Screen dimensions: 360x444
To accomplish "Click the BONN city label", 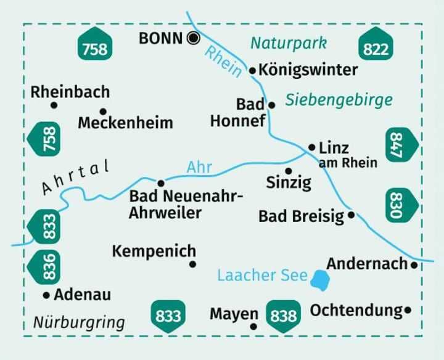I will tap(162, 38).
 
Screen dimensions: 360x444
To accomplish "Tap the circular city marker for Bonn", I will tap(193, 38).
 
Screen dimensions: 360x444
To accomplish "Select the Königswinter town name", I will tap(308, 70).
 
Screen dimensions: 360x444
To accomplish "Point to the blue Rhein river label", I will tap(224, 62).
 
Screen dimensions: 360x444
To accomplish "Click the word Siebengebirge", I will tap(339, 99).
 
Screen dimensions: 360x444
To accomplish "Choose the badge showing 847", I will tap(403, 145).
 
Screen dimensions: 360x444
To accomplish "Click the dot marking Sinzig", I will tap(288, 171).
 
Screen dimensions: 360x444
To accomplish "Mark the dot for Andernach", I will tap(414, 265).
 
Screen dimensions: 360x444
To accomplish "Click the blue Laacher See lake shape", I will tap(319, 280).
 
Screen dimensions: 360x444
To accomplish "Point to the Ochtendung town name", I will tap(356, 310).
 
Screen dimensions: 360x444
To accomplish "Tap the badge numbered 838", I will tap(283, 316).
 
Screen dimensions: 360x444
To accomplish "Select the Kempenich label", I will tap(154, 251).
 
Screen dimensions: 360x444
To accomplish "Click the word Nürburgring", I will tap(79, 322).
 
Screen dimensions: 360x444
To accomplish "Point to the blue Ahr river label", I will tap(200, 167).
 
